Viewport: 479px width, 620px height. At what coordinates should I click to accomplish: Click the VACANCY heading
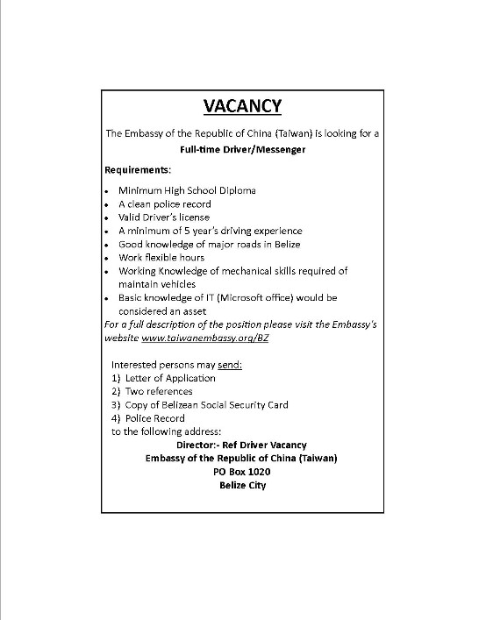[242, 106]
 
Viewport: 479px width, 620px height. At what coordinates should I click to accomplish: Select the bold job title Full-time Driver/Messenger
[243, 149]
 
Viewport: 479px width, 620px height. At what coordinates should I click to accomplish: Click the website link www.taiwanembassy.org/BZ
[204, 338]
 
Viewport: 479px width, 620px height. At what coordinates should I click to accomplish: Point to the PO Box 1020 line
[243, 471]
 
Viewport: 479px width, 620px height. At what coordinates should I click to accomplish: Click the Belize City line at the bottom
[243, 484]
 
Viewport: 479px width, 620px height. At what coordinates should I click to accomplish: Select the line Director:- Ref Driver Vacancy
[242, 445]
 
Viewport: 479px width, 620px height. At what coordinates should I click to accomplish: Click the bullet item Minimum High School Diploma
[181, 190]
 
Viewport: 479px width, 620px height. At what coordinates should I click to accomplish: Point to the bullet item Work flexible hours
[161, 258]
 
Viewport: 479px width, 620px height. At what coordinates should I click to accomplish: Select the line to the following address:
[166, 431]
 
